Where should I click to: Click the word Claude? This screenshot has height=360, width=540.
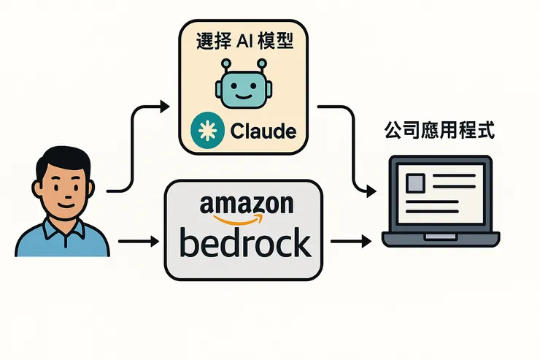263,131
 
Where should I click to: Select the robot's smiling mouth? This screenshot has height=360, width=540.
243,95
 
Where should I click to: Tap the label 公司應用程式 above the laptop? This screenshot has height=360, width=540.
439,131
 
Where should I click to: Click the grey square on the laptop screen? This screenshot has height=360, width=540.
417,182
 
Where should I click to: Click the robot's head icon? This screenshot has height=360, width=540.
243,87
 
